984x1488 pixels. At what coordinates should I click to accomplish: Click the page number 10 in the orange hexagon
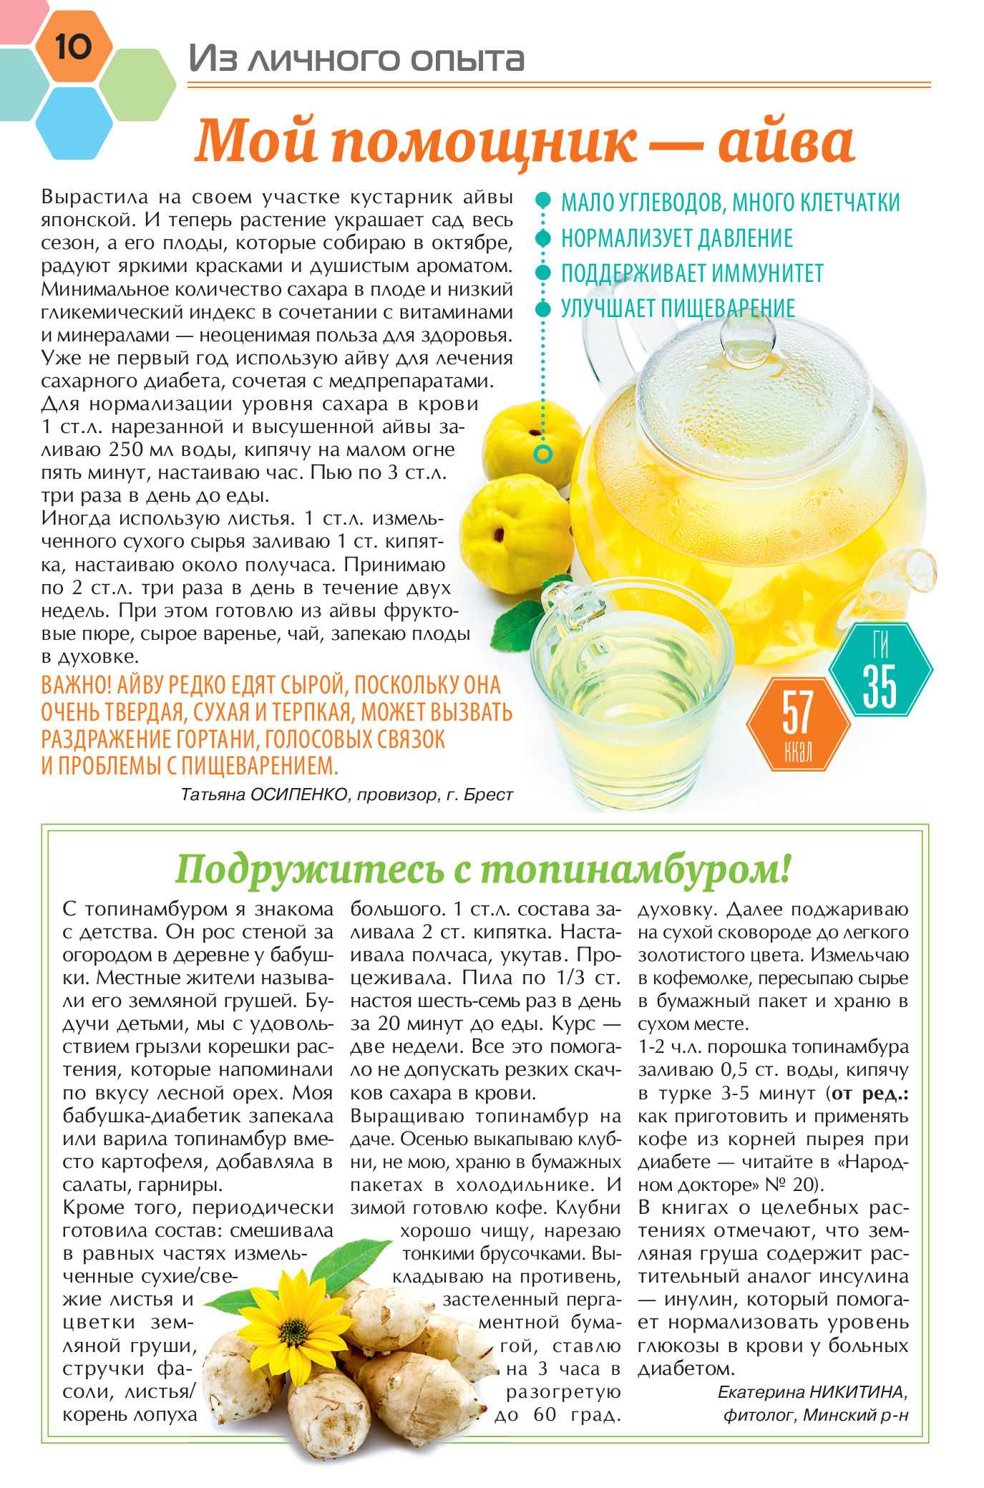pos(73,47)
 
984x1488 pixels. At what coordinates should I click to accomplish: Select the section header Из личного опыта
pos(356,59)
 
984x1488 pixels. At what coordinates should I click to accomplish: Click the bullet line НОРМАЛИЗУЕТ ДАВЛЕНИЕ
pos(676,238)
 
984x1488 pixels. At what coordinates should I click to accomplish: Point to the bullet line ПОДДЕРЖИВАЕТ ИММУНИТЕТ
pos(691,273)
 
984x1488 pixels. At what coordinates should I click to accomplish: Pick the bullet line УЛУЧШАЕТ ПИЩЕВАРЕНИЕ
pos(677,308)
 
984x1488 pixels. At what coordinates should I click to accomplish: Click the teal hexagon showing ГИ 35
pos(880,669)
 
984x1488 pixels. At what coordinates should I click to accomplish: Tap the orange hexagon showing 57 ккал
pos(798,724)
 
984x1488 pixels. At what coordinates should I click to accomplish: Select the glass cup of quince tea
pos(630,687)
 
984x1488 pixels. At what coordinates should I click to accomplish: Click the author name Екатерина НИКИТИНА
pos(812,1391)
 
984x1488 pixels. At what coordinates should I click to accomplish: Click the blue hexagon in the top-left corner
pos(74,122)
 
